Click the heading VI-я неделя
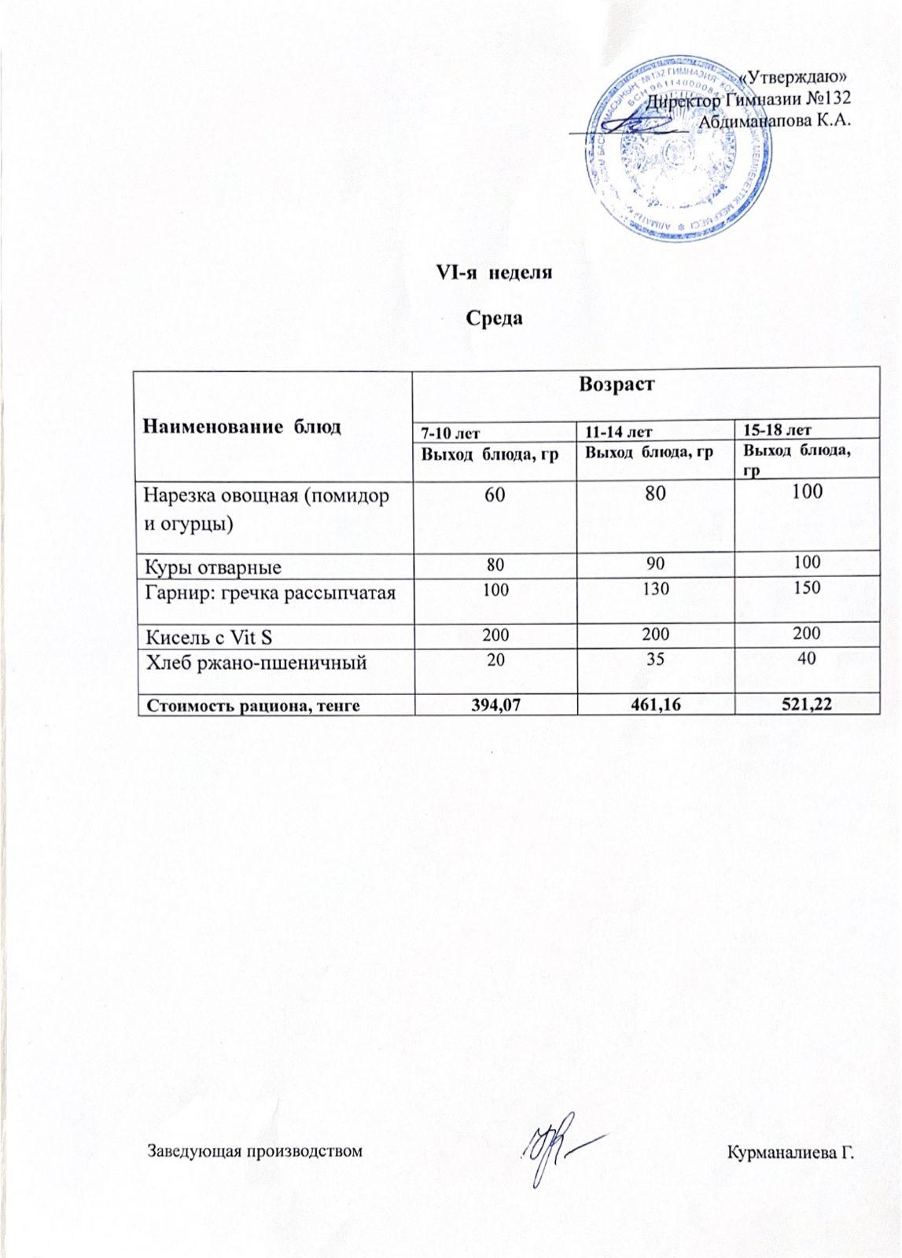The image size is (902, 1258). click(494, 273)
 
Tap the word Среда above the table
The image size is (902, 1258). click(495, 318)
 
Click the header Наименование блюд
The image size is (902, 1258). click(241, 427)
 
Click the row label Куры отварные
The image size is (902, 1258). click(212, 566)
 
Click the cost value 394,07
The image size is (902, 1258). click(495, 705)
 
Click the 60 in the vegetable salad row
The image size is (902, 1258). click(495, 494)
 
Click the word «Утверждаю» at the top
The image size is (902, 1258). click(793, 77)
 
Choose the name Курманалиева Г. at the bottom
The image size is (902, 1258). click(790, 1152)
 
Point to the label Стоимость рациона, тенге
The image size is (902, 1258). click(249, 705)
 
